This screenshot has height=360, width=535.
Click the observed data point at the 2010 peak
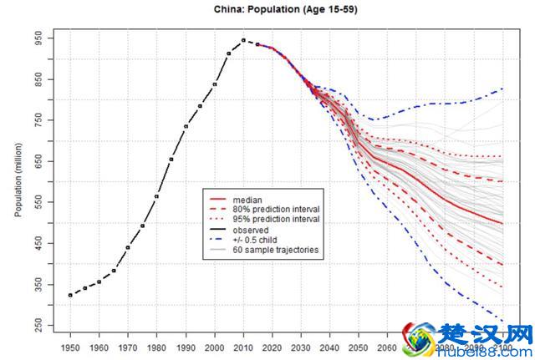click(243, 40)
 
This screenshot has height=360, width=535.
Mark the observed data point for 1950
click(70, 295)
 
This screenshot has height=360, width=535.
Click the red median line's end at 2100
click(502, 223)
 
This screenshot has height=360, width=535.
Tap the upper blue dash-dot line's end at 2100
click(502, 89)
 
